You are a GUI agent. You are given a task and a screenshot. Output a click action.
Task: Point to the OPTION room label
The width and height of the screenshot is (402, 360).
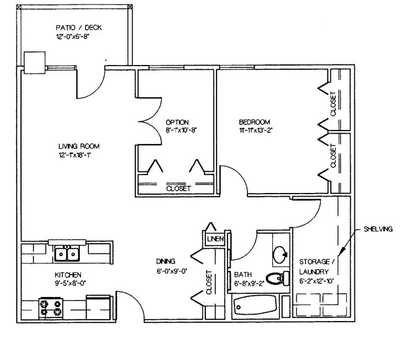click(x=177, y=122)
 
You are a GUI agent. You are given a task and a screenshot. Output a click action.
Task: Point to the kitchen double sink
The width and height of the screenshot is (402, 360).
click(x=66, y=254)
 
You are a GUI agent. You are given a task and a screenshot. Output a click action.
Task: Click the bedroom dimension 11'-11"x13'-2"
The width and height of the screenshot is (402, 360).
click(x=252, y=131)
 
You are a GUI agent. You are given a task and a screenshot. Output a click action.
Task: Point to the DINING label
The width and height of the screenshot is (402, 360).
click(x=166, y=261)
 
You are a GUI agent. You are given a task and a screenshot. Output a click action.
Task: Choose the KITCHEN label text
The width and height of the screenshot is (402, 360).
click(x=67, y=274)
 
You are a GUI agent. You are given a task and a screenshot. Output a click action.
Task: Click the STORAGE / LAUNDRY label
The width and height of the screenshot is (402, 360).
click(x=317, y=266)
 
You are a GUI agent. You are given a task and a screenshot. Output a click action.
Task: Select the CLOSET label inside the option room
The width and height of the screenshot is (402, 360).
click(x=179, y=187)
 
